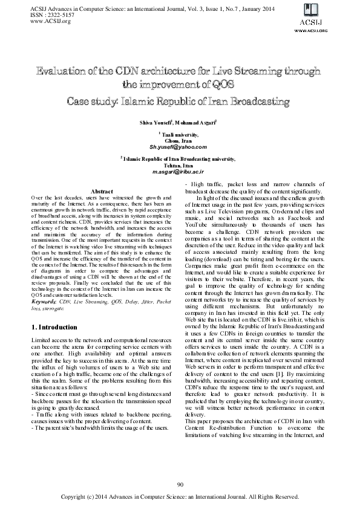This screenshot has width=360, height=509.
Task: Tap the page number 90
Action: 180,485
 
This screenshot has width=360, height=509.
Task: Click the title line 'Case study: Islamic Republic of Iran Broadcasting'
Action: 180,100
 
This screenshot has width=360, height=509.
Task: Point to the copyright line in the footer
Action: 180,496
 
